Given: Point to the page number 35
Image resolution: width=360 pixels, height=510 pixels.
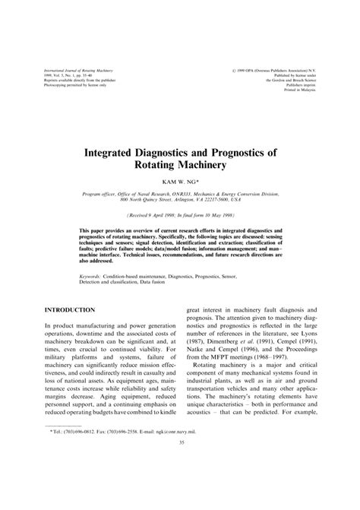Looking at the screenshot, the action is coord(180,486).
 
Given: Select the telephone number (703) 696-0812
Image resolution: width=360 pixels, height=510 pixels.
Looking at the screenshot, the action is coord(89,472).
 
